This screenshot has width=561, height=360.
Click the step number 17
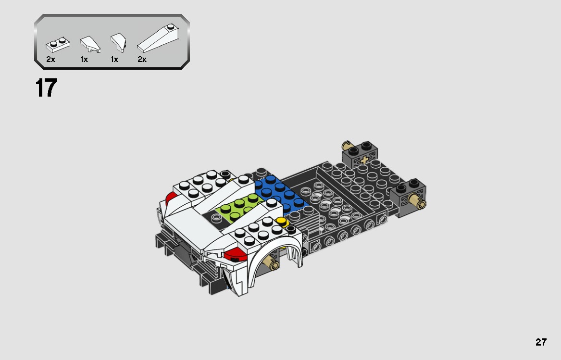point(46,88)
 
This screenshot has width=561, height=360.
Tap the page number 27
point(541,342)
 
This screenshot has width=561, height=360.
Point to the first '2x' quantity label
point(51,60)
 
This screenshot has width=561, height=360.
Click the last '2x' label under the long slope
point(142,60)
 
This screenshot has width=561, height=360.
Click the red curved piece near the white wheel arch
point(234,254)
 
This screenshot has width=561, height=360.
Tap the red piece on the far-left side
point(170,198)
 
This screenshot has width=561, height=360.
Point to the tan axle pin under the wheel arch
point(274,264)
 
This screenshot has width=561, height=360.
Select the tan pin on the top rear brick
point(347,145)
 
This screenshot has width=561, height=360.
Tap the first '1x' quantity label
point(84,60)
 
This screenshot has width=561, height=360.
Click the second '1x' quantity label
point(114,60)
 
